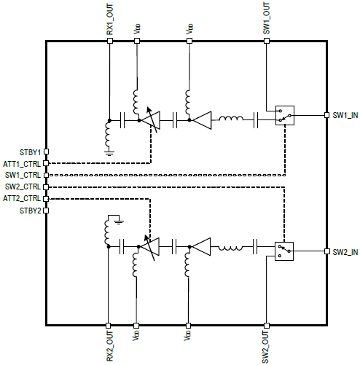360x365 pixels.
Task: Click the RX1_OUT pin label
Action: click(x=110, y=20)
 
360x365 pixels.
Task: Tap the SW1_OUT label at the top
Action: click(x=267, y=18)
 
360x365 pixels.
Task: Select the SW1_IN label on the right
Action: click(x=345, y=115)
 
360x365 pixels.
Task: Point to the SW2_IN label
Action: click(x=345, y=252)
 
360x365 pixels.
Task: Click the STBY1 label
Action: click(x=30, y=152)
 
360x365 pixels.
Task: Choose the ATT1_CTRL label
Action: click(x=22, y=164)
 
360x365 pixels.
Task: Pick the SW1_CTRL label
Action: click(x=23, y=175)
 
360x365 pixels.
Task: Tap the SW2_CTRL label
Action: click(x=23, y=187)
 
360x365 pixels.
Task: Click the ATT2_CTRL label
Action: click(x=22, y=198)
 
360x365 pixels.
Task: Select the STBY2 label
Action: click(x=30, y=211)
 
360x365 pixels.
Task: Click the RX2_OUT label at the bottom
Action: click(x=110, y=346)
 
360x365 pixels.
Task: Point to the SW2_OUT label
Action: click(x=265, y=347)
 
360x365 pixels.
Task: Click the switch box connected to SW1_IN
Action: click(x=285, y=115)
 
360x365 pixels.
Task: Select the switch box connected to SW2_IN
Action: click(x=284, y=251)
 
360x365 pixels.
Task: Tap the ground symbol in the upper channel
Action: click(x=109, y=153)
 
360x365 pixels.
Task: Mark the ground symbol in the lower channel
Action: click(x=119, y=222)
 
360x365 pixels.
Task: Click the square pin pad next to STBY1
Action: click(x=46, y=152)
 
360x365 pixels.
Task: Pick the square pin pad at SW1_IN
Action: click(x=327, y=115)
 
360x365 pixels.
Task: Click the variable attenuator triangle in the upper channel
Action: click(x=151, y=120)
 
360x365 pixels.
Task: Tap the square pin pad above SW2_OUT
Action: click(x=267, y=326)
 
